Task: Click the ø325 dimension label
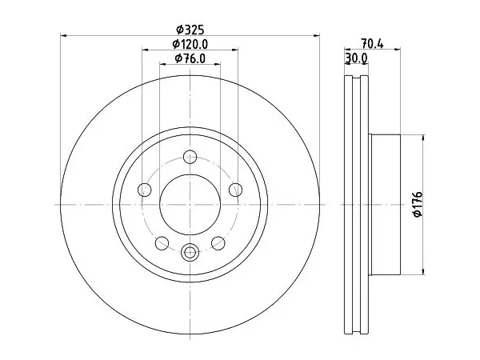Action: (x=190, y=30)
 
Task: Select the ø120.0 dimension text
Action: (x=190, y=44)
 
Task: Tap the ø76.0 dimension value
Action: (x=190, y=58)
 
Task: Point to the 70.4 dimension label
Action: (x=372, y=43)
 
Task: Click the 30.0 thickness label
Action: (x=356, y=58)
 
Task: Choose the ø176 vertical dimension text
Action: (x=418, y=204)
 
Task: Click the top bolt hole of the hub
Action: (x=190, y=157)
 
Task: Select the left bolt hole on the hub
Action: (x=145, y=190)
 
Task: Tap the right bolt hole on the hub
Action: (x=236, y=190)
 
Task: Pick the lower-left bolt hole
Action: (x=162, y=243)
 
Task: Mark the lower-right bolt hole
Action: (x=218, y=243)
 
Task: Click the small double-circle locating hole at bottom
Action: (x=190, y=252)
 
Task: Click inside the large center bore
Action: (x=190, y=205)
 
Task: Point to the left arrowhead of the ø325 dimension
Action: (x=63, y=36)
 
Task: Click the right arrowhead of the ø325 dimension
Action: (x=317, y=36)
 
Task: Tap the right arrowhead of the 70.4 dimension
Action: (x=398, y=49)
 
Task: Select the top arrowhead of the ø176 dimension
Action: (x=423, y=138)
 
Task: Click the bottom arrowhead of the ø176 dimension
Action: (x=423, y=271)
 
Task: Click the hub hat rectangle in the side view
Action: (x=386, y=205)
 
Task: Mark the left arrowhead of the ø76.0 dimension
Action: (x=163, y=64)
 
